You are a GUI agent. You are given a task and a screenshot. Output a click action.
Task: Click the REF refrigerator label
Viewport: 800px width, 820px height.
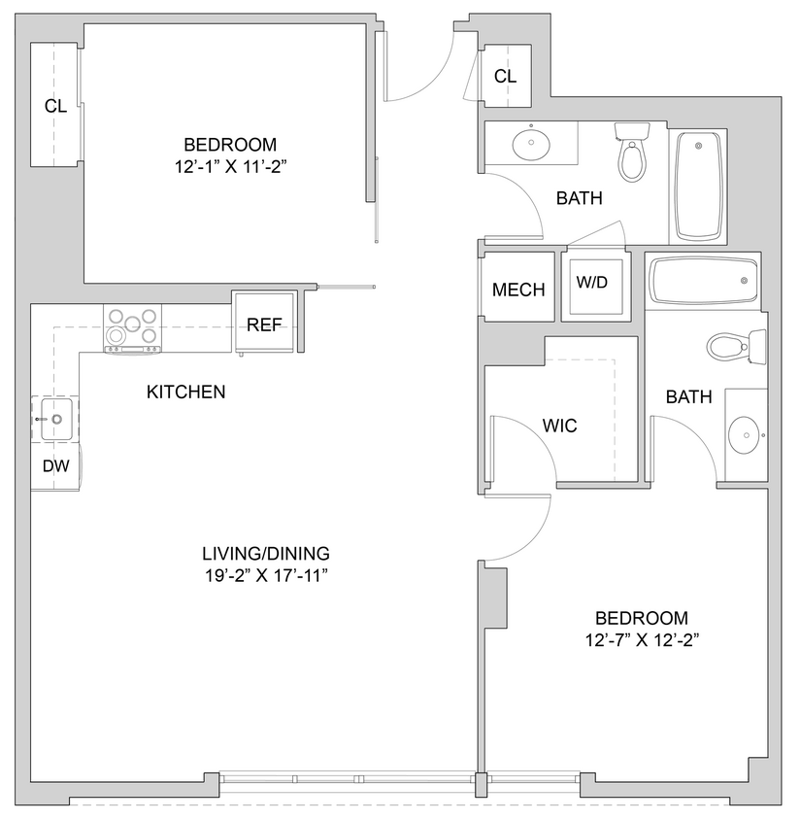pos(263,325)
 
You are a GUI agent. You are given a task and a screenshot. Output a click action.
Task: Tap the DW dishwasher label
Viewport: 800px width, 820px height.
pos(55,466)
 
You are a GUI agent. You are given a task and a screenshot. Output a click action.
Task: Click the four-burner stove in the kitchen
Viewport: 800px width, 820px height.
pos(132,327)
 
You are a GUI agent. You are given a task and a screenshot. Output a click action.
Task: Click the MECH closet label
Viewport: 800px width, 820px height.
pos(518,290)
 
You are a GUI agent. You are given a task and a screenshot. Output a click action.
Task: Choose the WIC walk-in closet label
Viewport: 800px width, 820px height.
pos(559,426)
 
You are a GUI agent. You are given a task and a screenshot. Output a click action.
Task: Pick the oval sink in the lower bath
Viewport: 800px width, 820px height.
pos(746,435)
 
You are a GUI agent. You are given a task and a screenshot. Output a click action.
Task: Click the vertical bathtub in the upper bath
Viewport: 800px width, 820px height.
pos(698,186)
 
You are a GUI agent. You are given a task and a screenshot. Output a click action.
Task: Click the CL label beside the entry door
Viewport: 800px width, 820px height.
pos(505,77)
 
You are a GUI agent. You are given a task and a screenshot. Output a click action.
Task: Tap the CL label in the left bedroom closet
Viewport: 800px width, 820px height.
pos(55,107)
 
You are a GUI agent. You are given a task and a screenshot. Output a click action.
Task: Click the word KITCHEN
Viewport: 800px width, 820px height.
pos(185,393)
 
